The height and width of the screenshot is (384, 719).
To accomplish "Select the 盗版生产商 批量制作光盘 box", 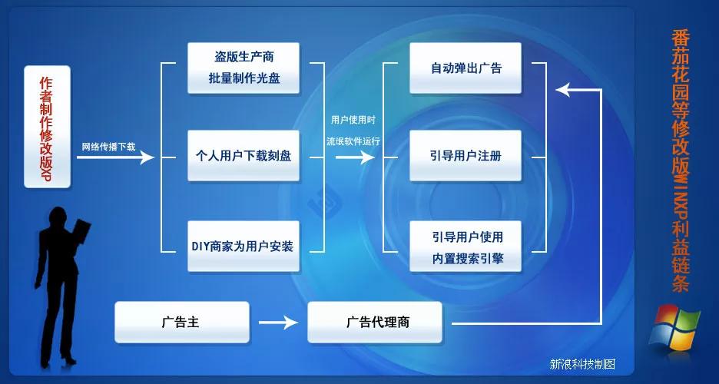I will pyautogui.click(x=244, y=68).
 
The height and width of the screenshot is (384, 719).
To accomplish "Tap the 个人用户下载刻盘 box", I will pyautogui.click(x=244, y=155).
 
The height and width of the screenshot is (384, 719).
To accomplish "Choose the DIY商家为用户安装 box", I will pyautogui.click(x=244, y=246).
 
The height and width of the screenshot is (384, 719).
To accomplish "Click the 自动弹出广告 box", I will pyautogui.click(x=466, y=68).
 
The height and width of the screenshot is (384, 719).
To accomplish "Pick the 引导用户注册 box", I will pyautogui.click(x=466, y=155).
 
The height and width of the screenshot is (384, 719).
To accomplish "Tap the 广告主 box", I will pyautogui.click(x=181, y=322).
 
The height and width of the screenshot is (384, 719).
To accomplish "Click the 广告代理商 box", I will pyautogui.click(x=375, y=322).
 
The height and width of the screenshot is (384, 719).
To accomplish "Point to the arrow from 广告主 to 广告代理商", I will pyautogui.click(x=278, y=322).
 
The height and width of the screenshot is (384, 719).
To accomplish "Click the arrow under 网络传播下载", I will pyautogui.click(x=115, y=157).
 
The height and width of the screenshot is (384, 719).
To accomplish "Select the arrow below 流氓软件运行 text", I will pyautogui.click(x=354, y=157).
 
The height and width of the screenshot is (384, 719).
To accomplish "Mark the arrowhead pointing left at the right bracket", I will pyautogui.click(x=565, y=90).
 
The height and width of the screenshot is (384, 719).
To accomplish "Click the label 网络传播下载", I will pyautogui.click(x=108, y=146).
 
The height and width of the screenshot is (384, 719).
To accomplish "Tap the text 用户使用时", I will pyautogui.click(x=353, y=121).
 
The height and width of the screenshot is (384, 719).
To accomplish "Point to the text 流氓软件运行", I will pyautogui.click(x=353, y=141).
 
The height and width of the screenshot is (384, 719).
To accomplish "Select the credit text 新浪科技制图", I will pyautogui.click(x=581, y=364).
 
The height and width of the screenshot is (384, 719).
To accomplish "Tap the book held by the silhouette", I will pyautogui.click(x=81, y=232).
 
